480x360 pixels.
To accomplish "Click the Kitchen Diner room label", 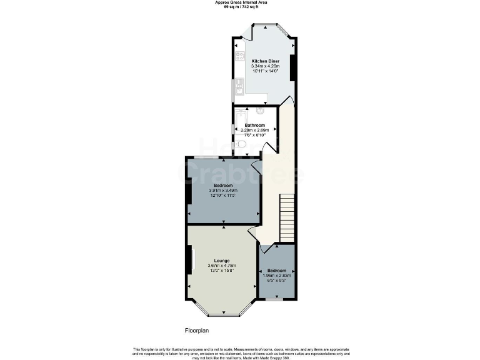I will tap(265, 61).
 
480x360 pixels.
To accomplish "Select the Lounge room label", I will tap(222, 261).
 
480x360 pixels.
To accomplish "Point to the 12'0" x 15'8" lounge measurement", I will tap(222, 271).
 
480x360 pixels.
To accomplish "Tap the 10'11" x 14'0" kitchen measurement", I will tap(265, 71).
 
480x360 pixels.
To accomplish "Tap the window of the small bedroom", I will tap(276, 299).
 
